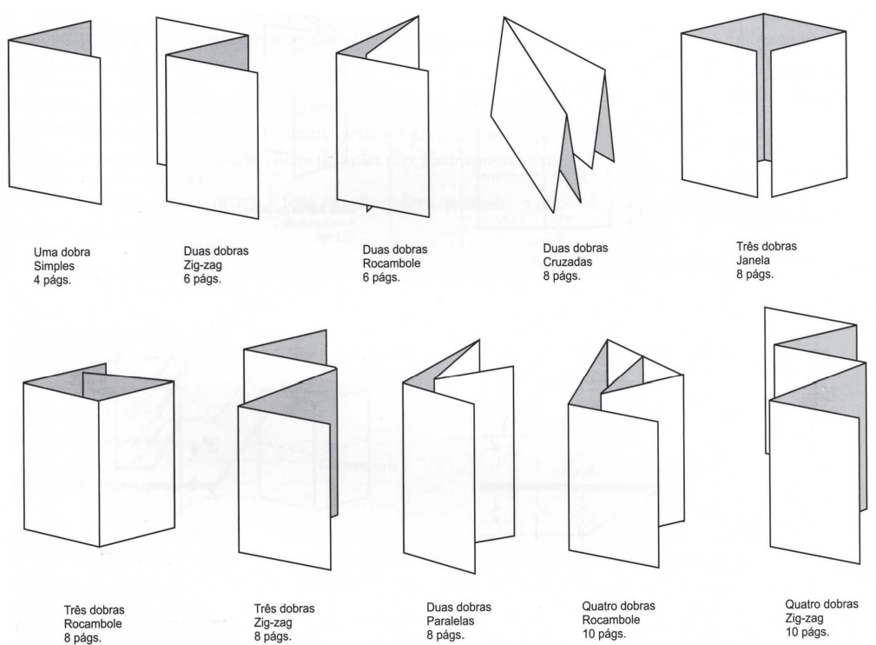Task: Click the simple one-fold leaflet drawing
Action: pyautogui.click(x=54, y=122)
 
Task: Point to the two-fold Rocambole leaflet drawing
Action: pyautogui.click(x=382, y=130)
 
